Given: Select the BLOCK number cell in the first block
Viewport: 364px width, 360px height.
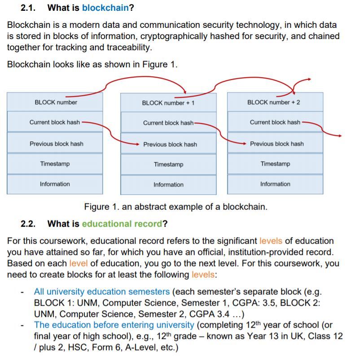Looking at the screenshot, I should point(55,102).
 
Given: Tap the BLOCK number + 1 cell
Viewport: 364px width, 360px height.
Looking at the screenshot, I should point(168,103).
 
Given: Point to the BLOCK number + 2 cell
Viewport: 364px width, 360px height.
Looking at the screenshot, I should point(275,102).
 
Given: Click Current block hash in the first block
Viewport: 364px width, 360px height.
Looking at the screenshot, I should point(55,122).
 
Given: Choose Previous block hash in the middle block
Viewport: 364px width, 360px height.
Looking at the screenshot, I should point(170,144).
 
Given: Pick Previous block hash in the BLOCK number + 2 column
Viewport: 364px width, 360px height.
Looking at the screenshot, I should point(276,144).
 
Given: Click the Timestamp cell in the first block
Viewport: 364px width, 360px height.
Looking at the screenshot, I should point(55,164).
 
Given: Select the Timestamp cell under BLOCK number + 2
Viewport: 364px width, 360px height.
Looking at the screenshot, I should point(275,164).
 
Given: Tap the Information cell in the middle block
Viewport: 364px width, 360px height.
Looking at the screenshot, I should point(168,184).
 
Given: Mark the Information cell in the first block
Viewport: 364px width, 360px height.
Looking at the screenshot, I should point(55,184).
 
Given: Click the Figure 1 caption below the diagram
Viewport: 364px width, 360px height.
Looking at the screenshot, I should point(175,207).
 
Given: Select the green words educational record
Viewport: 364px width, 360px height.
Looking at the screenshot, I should point(122,224).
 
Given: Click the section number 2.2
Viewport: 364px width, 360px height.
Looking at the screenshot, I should point(28,224).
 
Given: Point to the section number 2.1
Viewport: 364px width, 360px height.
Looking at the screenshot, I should point(28,8).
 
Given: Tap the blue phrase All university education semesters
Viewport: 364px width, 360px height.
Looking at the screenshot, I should point(102,291).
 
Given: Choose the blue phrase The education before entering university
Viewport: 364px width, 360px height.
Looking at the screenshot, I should point(114,325).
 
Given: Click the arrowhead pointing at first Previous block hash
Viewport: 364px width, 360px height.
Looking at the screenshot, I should point(137,144).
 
